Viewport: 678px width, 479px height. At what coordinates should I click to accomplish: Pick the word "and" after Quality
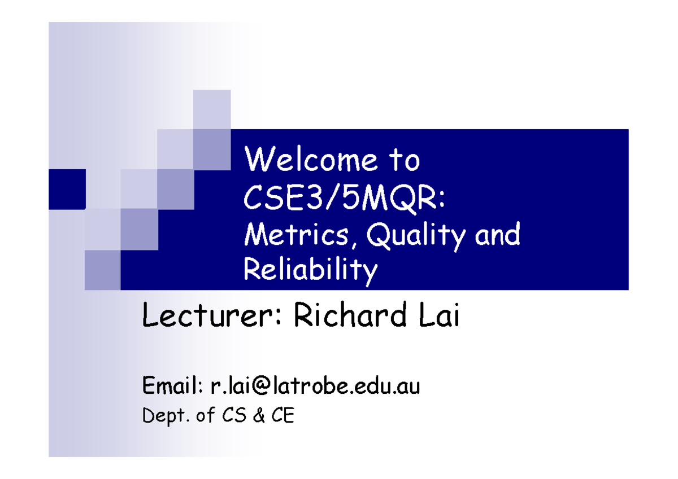tap(497, 234)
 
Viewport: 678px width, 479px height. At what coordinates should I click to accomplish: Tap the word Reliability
tap(310, 271)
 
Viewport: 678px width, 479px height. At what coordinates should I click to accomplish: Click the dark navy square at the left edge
tap(67, 190)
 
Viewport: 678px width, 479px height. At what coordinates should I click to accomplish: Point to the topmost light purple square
tap(212, 109)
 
